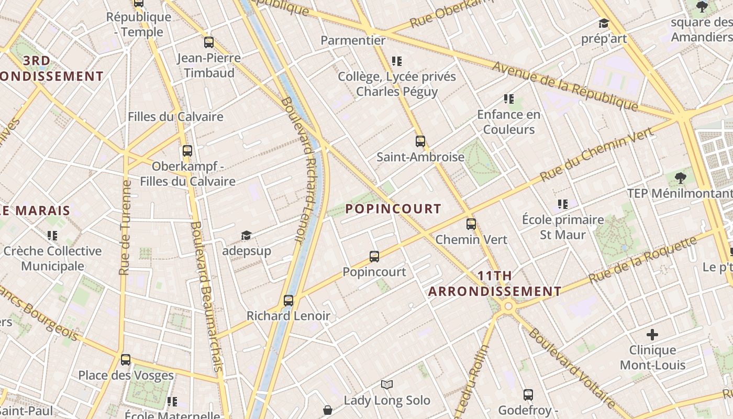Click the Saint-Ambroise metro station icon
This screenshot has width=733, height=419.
[420, 141]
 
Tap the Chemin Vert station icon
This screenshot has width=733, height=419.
[471, 224]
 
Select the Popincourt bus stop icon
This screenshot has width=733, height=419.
[374, 256]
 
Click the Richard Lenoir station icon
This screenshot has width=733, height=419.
[288, 301]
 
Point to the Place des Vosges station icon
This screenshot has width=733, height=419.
[126, 360]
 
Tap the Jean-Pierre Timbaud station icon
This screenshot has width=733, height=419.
[209, 42]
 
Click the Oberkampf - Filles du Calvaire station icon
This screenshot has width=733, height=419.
[187, 151]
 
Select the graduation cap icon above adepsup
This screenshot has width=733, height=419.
[246, 236]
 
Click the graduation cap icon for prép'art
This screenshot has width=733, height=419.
[604, 24]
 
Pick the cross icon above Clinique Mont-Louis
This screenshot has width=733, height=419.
[652, 334]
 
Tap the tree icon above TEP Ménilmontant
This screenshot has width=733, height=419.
[681, 178]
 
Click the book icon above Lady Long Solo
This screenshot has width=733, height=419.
[387, 385]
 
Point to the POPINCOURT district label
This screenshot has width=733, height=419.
[393, 209]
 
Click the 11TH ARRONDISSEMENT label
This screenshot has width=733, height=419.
[495, 283]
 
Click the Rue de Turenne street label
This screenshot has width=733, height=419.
[125, 228]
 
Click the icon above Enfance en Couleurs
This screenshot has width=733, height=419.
[508, 99]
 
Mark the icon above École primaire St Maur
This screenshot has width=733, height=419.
[563, 204]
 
